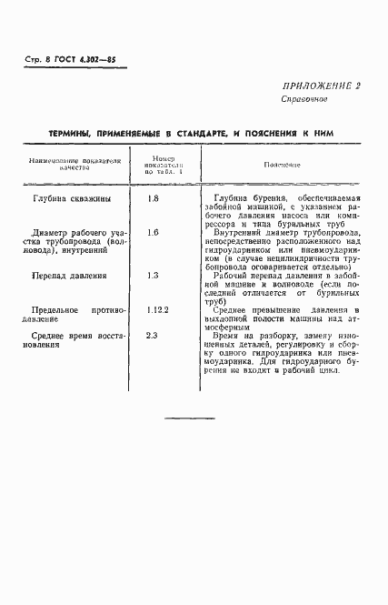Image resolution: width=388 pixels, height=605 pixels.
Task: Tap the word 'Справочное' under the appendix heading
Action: pos(303,98)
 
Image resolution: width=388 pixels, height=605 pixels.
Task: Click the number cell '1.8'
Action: pos(153,197)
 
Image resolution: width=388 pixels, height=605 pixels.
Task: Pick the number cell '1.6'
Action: pos(153,233)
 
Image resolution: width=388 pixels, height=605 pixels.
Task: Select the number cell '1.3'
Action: pos(153,275)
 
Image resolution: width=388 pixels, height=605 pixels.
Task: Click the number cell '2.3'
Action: pos(153,336)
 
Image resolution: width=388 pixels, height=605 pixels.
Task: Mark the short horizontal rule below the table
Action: pos(194,418)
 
